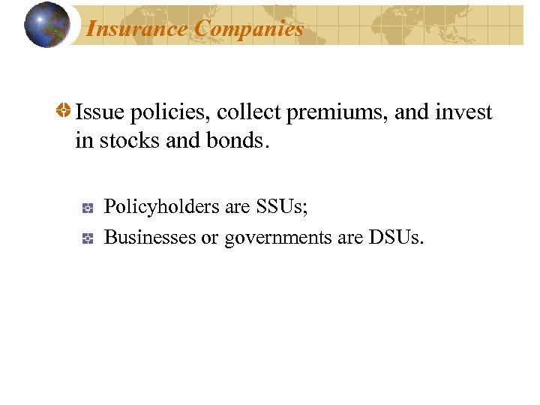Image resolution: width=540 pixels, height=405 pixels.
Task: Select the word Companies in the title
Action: pos(250,28)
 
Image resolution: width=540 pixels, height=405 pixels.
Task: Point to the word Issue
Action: pos(98,112)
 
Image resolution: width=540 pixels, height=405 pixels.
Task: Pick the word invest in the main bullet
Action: pos(465,112)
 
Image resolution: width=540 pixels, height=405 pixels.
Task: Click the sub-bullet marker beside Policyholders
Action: pos(88,206)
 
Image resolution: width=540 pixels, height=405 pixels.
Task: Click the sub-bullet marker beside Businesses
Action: pos(88,238)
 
